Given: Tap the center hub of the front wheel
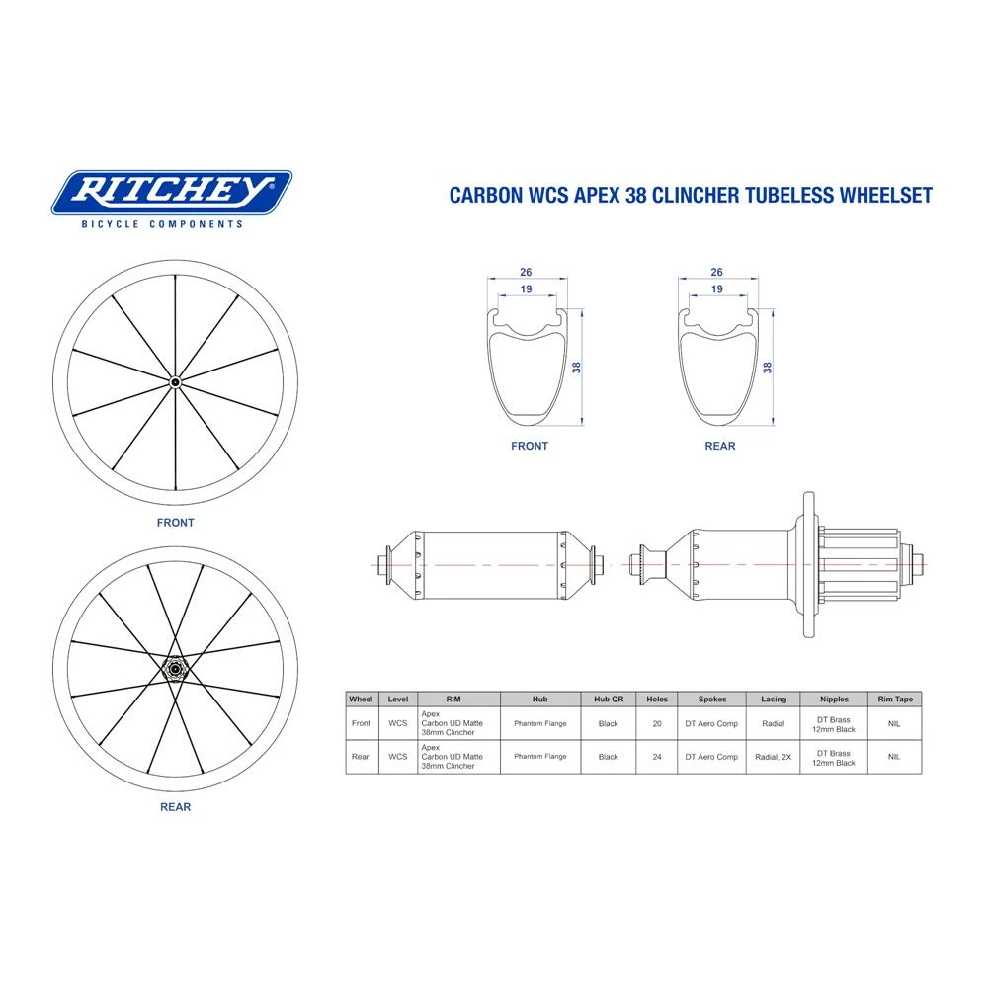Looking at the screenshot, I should pos(176,382).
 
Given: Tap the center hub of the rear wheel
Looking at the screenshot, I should pos(175,670).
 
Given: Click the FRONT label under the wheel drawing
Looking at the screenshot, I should pos(176,523).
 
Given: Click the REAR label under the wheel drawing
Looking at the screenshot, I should pos(175,806).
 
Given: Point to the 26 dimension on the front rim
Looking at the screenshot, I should pos(525,272).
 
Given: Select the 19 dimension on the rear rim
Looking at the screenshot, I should pos(715,290).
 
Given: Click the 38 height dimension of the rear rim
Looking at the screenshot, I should pos(767,367).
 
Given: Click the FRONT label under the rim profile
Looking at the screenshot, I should pos(530,446).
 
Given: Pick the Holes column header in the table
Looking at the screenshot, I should pos(657,699).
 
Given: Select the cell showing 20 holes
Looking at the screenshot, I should pos(657,723).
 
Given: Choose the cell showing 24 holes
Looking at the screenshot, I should pos(657,757).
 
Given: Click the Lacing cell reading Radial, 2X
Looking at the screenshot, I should pos(774,757).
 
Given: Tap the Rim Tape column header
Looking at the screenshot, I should pos(894,699).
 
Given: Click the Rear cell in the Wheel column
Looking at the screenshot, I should pos(361,757).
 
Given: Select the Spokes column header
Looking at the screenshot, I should pos(712,699).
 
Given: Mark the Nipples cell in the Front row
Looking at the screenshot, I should pos(833,723).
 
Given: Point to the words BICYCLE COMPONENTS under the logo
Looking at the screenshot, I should pos(161,224).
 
